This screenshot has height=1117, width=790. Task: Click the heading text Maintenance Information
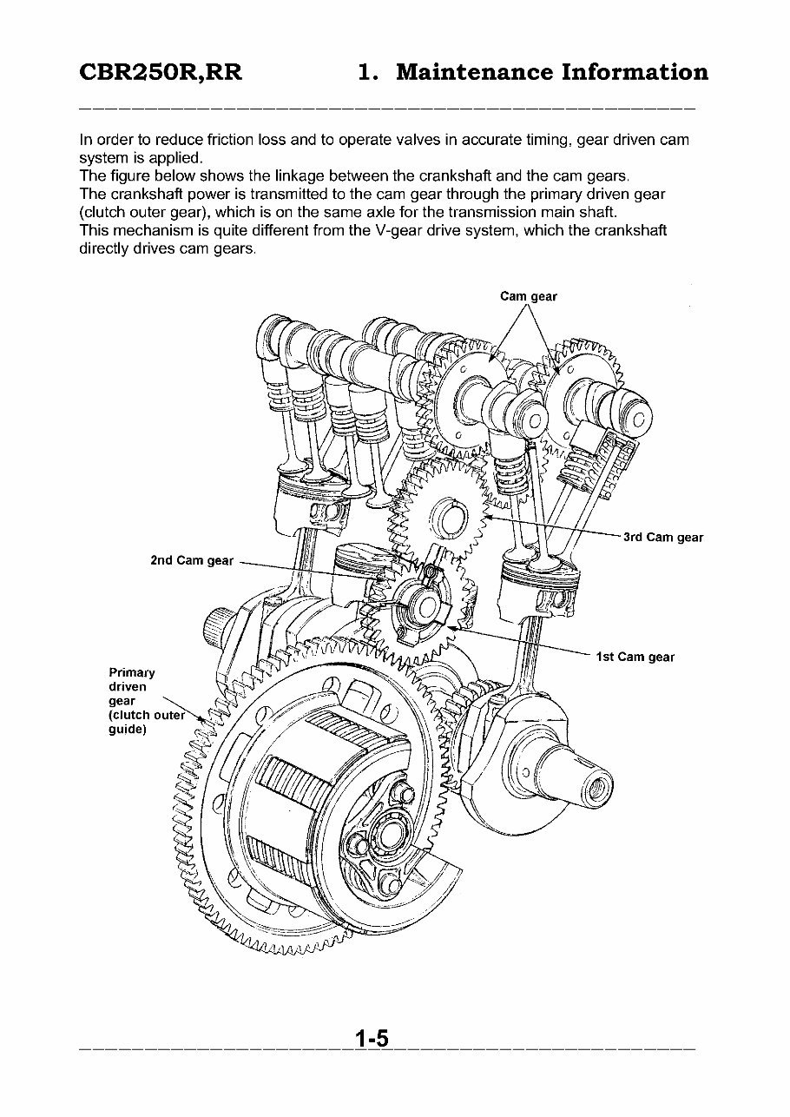(x=551, y=72)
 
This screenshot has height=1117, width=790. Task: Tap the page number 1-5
(x=371, y=1039)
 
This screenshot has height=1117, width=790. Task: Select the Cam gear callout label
(x=529, y=296)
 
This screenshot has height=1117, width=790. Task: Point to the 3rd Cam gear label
(x=662, y=538)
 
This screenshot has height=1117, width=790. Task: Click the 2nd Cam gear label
(x=192, y=560)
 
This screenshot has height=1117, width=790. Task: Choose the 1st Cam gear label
(x=635, y=657)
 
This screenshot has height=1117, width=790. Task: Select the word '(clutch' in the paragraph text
(x=101, y=213)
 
